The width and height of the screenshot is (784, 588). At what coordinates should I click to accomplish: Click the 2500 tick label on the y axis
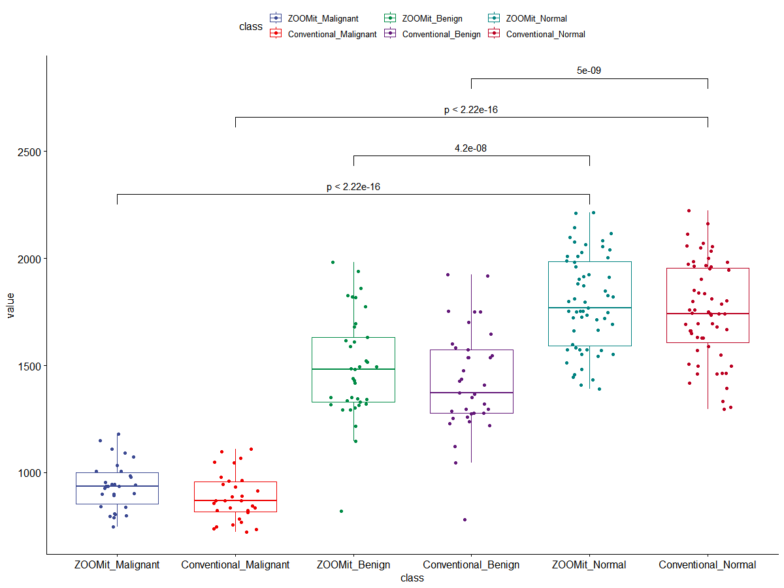pyautogui.click(x=28, y=152)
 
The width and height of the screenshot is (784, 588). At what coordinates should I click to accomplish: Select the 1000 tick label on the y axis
pyautogui.click(x=28, y=472)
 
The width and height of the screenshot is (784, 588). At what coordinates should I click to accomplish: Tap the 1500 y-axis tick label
pyautogui.click(x=28, y=365)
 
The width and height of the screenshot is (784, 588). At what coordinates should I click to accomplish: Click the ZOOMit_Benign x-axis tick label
pyautogui.click(x=353, y=564)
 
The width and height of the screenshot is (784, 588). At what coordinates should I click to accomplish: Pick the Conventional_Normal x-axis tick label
pyautogui.click(x=708, y=564)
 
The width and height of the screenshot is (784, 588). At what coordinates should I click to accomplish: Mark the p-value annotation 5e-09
pyautogui.click(x=589, y=71)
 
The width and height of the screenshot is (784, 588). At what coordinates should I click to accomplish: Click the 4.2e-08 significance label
pyautogui.click(x=471, y=148)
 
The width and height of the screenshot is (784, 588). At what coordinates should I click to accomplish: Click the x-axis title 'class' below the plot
pyautogui.click(x=412, y=578)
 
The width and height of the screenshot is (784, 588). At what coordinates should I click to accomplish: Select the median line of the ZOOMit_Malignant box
pyautogui.click(x=117, y=486)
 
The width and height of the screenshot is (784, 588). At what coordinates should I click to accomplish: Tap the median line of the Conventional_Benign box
pyautogui.click(x=471, y=393)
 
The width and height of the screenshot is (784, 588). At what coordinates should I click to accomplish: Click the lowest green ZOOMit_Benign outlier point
pyautogui.click(x=341, y=511)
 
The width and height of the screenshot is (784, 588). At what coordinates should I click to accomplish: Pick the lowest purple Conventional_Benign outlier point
pyautogui.click(x=465, y=519)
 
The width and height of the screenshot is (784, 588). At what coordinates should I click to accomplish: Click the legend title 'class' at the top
pyautogui.click(x=251, y=27)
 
